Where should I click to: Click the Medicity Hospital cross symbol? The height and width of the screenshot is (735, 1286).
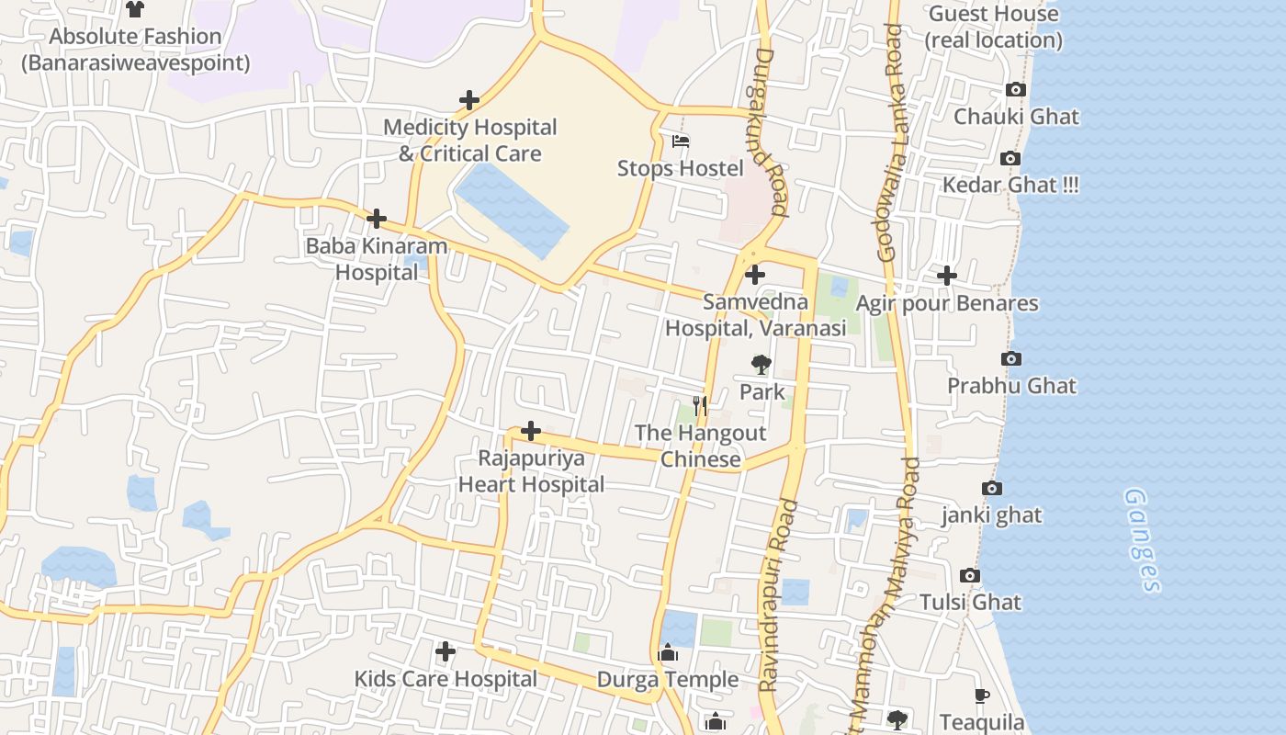click(x=469, y=99)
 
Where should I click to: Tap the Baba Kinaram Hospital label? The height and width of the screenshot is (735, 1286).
click(x=376, y=259)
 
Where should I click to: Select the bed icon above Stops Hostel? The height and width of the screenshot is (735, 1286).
click(x=681, y=141)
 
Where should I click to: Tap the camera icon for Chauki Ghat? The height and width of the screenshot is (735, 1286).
click(x=1015, y=89)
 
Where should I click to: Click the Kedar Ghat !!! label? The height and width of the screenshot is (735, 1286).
click(x=1010, y=185)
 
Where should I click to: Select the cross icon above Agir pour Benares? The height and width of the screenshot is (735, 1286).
click(x=946, y=276)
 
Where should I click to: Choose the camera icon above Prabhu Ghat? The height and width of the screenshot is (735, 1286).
click(x=1010, y=358)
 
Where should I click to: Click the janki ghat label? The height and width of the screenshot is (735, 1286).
click(x=991, y=514)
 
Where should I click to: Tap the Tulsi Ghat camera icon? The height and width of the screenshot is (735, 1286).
click(x=969, y=576)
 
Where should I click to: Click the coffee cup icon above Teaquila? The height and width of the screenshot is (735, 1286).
click(x=981, y=695)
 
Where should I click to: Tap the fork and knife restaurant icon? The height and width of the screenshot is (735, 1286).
click(x=700, y=405)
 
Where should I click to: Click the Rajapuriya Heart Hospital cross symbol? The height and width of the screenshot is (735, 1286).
click(x=530, y=431)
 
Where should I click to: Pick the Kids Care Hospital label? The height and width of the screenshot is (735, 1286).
click(x=446, y=679)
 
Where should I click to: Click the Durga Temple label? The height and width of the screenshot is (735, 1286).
click(x=668, y=680)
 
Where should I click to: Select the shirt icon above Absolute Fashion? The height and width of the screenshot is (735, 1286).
click(x=135, y=9)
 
